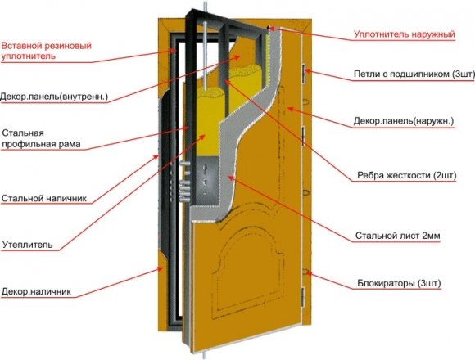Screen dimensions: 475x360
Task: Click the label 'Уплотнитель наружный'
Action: pyautogui.click(x=405, y=34)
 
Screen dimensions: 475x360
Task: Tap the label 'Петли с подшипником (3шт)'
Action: pyautogui.click(x=414, y=74)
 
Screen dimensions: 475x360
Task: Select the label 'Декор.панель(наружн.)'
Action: pyautogui.click(x=404, y=121)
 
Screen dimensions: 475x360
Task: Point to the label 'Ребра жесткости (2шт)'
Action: pyautogui.click(x=407, y=175)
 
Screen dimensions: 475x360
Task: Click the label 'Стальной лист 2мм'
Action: pyautogui.click(x=398, y=236)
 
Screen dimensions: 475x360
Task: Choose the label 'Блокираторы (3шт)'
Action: pyautogui.click(x=400, y=283)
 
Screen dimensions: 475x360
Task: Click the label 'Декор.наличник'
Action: pyautogui.click(x=36, y=291)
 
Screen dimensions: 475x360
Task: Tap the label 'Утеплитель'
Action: pyautogui.click(x=28, y=245)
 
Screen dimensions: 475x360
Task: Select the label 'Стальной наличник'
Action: pyautogui.click(x=44, y=199)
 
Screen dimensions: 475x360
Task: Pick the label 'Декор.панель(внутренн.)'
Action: pyautogui.click(x=54, y=97)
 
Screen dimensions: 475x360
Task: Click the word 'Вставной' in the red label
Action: pyautogui.click(x=21, y=47)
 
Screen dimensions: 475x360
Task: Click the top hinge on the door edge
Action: pyautogui.click(x=304, y=73)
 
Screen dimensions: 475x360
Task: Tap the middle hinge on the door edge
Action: pyautogui.click(x=303, y=137)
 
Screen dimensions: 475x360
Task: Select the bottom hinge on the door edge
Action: pyautogui.click(x=303, y=296)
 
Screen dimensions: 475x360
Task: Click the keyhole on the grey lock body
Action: pyautogui.click(x=205, y=168)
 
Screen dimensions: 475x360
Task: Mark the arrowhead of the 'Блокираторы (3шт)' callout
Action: pyautogui.click(x=309, y=274)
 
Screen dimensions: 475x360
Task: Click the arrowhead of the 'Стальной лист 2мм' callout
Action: pyautogui.click(x=230, y=178)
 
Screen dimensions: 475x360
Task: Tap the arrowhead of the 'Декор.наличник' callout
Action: pyautogui.click(x=161, y=268)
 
